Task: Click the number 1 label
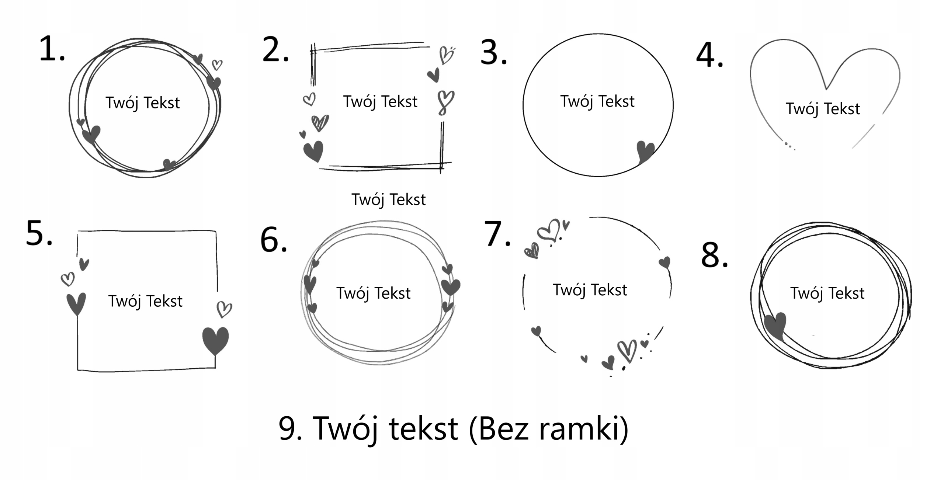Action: [x=52, y=49]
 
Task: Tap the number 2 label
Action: [x=275, y=50]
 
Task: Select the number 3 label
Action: [x=493, y=53]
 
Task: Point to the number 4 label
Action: [x=709, y=56]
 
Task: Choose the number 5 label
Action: [x=39, y=233]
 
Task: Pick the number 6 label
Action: [x=273, y=240]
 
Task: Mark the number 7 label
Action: [x=497, y=234]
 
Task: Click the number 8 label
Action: [x=714, y=255]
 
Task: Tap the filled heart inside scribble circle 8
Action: [x=776, y=325]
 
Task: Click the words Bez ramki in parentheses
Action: [x=548, y=428]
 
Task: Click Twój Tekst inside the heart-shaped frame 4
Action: [x=823, y=109]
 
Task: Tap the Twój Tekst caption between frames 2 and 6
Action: [x=388, y=200]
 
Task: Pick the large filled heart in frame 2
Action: [x=313, y=151]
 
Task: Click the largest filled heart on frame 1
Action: [x=91, y=135]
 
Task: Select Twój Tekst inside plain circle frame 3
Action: [x=597, y=101]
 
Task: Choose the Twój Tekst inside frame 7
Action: [x=590, y=290]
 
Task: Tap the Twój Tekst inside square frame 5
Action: [x=145, y=301]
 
